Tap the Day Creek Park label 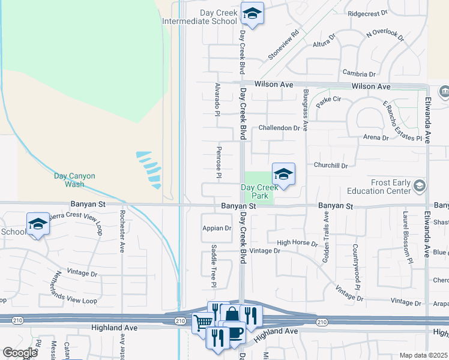point(258,191)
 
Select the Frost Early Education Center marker point(420,186)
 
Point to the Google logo point(20,353)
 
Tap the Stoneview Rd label point(283,45)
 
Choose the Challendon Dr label point(279,128)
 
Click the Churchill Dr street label point(331,165)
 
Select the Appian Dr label point(217,228)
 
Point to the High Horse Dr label point(297,243)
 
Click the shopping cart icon point(202,323)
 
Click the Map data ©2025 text point(423,355)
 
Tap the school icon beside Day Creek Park point(283,174)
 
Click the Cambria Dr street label point(359,74)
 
